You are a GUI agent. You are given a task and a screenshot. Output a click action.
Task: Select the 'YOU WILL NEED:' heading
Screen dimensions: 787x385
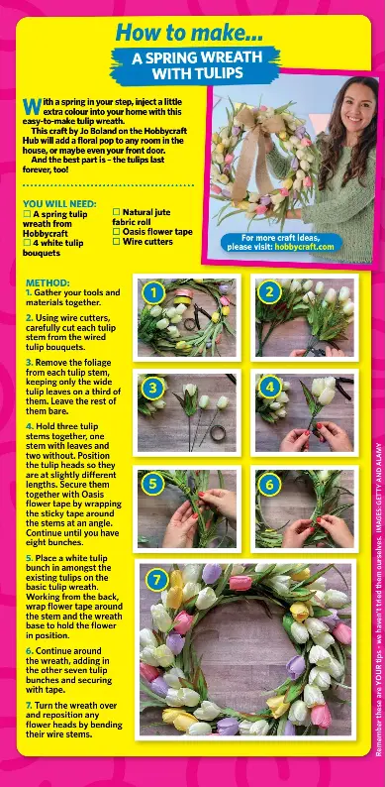click(59, 203)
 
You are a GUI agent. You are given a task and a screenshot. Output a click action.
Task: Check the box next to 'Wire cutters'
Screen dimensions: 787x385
click(116, 241)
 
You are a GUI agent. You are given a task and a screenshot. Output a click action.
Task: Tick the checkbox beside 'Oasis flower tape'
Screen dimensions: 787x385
click(116, 231)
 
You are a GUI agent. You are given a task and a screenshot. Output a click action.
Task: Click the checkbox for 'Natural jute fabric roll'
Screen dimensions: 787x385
click(116, 212)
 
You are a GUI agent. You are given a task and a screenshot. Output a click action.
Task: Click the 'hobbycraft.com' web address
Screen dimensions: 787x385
click(306, 245)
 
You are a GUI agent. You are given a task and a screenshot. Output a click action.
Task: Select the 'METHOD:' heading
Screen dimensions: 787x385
click(48, 281)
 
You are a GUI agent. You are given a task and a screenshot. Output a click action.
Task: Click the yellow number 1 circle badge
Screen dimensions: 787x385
click(151, 292)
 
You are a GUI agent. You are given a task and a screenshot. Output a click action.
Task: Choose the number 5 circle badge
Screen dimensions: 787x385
click(151, 484)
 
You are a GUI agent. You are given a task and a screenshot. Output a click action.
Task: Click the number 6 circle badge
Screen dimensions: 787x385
click(269, 484)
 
